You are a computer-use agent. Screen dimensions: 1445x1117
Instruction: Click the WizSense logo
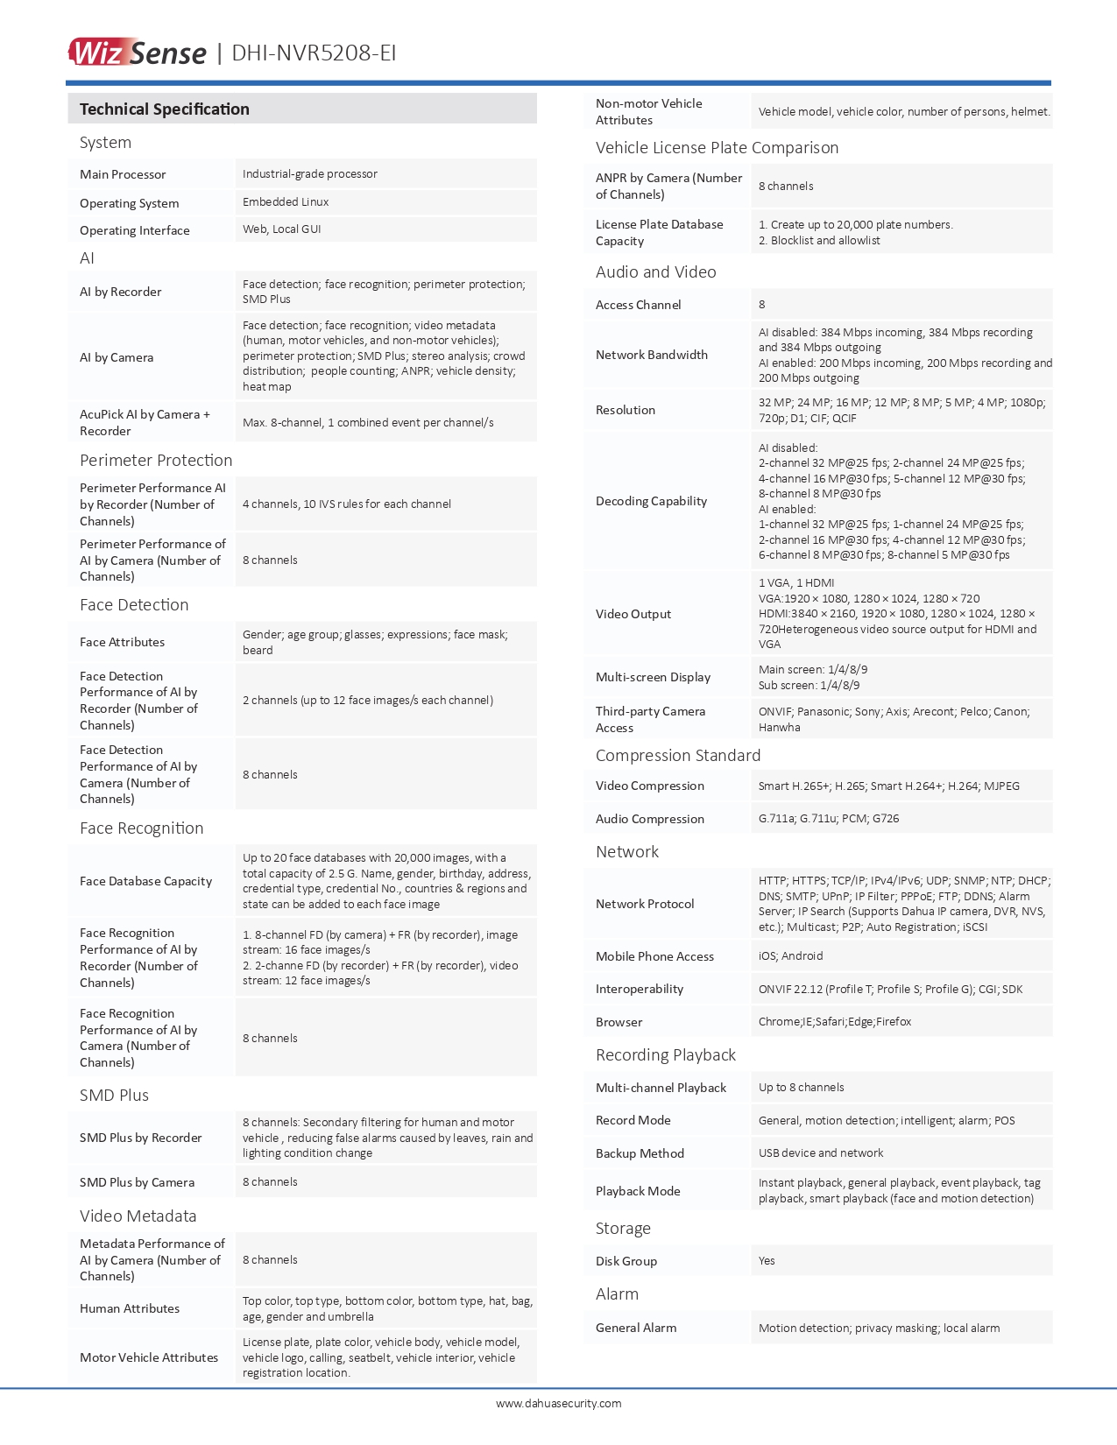click(138, 53)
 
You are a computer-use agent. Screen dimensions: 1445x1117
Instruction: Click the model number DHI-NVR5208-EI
click(314, 53)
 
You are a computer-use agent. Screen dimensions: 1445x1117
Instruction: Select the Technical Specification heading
click(165, 109)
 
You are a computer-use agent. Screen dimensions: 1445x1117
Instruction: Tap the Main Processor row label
click(123, 174)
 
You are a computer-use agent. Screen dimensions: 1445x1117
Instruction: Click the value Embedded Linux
click(286, 202)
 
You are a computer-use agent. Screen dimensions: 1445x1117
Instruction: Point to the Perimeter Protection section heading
click(156, 461)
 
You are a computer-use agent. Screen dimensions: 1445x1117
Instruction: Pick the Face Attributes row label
click(122, 642)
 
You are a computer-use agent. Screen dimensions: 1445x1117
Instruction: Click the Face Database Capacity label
click(145, 881)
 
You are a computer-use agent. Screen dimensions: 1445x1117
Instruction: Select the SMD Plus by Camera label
click(137, 1182)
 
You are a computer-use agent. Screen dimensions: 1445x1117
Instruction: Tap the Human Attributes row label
click(130, 1308)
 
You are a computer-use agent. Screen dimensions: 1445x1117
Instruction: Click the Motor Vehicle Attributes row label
click(149, 1357)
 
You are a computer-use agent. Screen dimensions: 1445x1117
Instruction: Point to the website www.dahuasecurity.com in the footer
click(559, 1403)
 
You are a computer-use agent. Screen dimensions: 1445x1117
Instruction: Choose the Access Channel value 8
click(762, 305)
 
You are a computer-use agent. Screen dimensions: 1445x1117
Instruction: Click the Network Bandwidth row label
click(652, 355)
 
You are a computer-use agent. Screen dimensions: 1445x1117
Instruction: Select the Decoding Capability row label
click(651, 501)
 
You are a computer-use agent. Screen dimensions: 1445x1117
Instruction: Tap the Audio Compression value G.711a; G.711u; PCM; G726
click(829, 819)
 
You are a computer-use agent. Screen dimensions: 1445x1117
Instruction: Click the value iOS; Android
click(790, 956)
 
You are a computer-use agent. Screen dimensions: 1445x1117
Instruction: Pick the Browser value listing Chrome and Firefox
click(835, 1022)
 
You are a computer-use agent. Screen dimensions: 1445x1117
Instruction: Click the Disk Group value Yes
click(767, 1261)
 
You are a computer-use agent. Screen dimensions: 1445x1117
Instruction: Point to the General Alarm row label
click(636, 1328)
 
